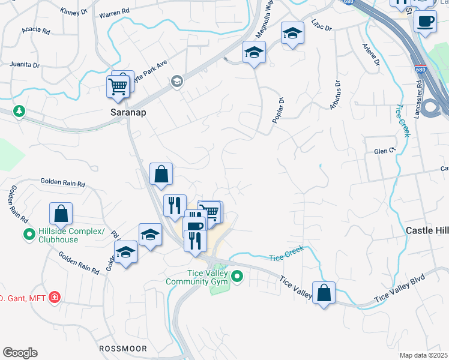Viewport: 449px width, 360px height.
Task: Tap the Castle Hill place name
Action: (427, 230)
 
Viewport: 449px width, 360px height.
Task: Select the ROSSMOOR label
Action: (122, 348)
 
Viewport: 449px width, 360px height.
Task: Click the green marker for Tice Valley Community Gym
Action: (238, 277)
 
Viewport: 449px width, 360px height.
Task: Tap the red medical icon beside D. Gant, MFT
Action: (55, 297)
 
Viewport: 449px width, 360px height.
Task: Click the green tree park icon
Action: (20, 111)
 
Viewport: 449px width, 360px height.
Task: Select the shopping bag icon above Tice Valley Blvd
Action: (324, 293)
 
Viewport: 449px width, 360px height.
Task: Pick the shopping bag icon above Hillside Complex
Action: (61, 213)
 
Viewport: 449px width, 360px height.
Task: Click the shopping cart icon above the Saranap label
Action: (118, 86)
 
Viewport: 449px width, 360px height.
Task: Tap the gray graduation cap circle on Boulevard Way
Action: (176, 81)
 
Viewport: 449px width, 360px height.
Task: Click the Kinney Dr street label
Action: (74, 11)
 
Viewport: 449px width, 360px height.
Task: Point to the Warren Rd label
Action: (114, 13)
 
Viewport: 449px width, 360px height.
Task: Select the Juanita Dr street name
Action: (25, 64)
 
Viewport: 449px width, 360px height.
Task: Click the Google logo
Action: (20, 353)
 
